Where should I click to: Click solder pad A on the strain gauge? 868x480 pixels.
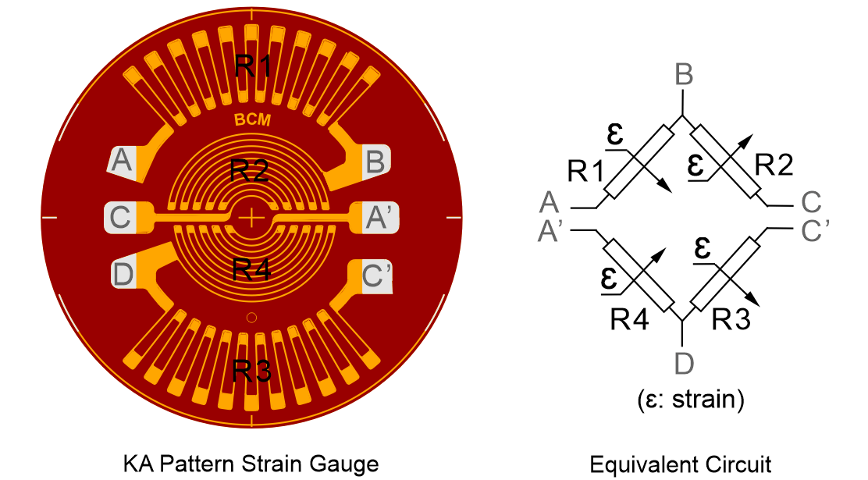click(123, 162)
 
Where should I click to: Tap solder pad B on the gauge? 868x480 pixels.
click(375, 162)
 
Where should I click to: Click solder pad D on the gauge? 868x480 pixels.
click(123, 274)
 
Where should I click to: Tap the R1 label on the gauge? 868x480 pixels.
click(252, 66)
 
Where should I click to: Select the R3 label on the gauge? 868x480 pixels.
click(252, 371)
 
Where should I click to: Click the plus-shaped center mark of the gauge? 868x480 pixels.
click(251, 218)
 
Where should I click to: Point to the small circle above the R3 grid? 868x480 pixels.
click(251, 317)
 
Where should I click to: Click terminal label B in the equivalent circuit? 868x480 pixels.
click(684, 76)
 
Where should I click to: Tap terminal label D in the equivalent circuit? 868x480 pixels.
click(683, 362)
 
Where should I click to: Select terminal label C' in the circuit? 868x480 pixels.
click(820, 230)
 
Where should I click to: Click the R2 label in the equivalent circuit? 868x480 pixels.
click(774, 165)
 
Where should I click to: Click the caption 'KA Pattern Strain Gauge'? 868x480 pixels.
click(251, 464)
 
